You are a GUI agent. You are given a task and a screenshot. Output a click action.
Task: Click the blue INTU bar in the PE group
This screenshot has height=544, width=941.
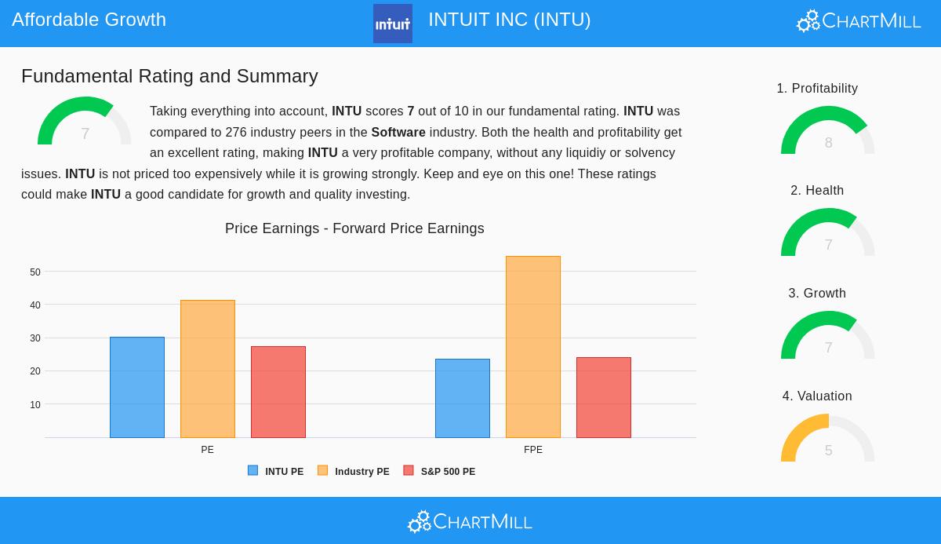click(137, 387)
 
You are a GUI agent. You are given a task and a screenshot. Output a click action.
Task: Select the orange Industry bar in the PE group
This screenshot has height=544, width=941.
click(208, 369)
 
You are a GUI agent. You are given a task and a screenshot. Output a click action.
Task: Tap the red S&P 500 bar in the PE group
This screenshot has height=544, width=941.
click(278, 392)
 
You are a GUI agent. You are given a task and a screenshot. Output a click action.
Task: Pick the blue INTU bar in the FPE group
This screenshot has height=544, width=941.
click(463, 398)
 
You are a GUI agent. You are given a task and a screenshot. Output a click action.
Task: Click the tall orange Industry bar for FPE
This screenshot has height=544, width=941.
click(533, 347)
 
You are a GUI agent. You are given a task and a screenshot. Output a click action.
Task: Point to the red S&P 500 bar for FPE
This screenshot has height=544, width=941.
click(604, 397)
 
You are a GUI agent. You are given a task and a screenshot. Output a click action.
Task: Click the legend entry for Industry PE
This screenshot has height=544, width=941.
click(354, 471)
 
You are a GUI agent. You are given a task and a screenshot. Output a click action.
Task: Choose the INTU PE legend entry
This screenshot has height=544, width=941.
click(276, 471)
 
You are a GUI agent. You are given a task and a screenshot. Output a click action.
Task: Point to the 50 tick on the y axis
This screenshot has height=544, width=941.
click(35, 272)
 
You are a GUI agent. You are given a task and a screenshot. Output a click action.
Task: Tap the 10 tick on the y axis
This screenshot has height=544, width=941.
click(35, 405)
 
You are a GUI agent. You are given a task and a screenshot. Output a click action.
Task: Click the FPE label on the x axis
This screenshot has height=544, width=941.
click(533, 450)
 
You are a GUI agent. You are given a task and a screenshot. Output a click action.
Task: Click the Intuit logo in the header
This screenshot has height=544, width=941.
click(393, 24)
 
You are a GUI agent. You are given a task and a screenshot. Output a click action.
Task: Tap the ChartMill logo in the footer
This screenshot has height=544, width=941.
click(470, 521)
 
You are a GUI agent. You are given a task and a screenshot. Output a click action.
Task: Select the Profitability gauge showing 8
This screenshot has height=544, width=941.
click(828, 132)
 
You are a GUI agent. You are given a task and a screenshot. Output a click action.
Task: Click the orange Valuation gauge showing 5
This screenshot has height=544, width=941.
click(828, 440)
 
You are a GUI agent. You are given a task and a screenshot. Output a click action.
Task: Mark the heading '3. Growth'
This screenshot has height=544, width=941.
click(817, 294)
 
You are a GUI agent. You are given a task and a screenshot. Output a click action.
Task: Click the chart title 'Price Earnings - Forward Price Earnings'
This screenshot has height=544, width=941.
click(354, 228)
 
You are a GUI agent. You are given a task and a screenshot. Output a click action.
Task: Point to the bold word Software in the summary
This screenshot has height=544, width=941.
click(398, 133)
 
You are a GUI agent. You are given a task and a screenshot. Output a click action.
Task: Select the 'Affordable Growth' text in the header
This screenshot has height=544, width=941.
click(89, 20)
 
